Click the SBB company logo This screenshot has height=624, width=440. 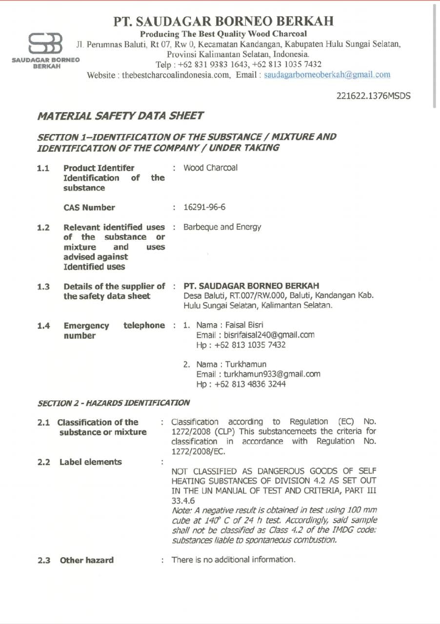[45, 44]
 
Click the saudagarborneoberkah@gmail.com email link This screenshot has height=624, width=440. [327, 75]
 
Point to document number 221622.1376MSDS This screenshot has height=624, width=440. [373, 96]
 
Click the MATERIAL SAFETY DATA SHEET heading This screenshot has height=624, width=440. [120, 116]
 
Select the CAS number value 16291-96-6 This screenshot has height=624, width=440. [204, 207]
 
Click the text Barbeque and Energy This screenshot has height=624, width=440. [222, 227]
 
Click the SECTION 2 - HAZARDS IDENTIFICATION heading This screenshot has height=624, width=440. [114, 403]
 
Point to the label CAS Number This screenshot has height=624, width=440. [89, 207]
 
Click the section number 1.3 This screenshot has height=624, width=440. [43, 286]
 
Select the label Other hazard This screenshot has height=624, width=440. [86, 560]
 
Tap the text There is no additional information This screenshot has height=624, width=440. [233, 560]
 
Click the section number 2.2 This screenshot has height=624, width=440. [43, 462]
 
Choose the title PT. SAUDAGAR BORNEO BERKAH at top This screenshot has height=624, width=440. [224, 21]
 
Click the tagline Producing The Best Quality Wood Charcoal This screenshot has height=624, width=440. [223, 34]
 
